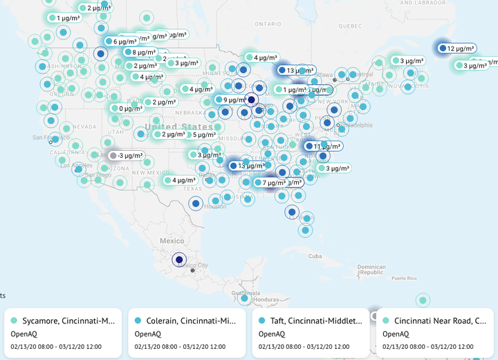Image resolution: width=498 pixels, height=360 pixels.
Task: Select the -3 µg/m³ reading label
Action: (x=129, y=156)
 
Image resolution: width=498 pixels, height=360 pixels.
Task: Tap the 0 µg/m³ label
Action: (x=129, y=108)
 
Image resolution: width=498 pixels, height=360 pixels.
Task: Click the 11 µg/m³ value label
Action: (x=326, y=147)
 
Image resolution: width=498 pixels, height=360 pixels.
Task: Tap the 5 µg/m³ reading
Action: (x=203, y=135)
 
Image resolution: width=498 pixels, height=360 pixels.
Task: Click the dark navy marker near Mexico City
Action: (x=179, y=260)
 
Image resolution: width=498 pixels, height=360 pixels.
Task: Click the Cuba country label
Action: (x=315, y=256)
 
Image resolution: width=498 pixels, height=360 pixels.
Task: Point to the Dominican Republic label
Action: (x=371, y=269)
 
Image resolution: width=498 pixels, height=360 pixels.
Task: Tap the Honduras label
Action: (x=265, y=300)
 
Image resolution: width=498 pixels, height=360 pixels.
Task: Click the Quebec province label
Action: (x=351, y=26)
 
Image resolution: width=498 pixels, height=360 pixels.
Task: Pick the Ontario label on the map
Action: (x=268, y=24)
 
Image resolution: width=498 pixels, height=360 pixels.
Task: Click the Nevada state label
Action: (x=84, y=127)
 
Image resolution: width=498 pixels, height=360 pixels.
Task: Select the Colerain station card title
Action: (x=192, y=321)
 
